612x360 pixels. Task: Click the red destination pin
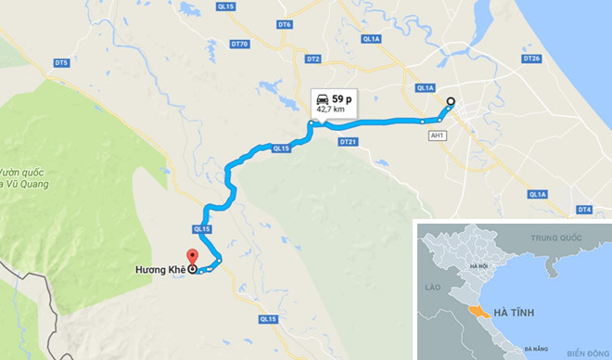click(192, 259)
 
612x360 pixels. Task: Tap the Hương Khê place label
click(159, 270)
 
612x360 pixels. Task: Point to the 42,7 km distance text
click(332, 109)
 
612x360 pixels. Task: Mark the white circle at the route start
click(451, 102)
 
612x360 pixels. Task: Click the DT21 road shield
click(348, 142)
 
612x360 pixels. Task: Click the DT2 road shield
click(313, 59)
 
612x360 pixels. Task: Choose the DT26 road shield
click(530, 58)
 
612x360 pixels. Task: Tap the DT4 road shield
click(583, 210)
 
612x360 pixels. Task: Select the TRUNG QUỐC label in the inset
click(554, 238)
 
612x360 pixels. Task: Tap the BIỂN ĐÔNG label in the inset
click(585, 353)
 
